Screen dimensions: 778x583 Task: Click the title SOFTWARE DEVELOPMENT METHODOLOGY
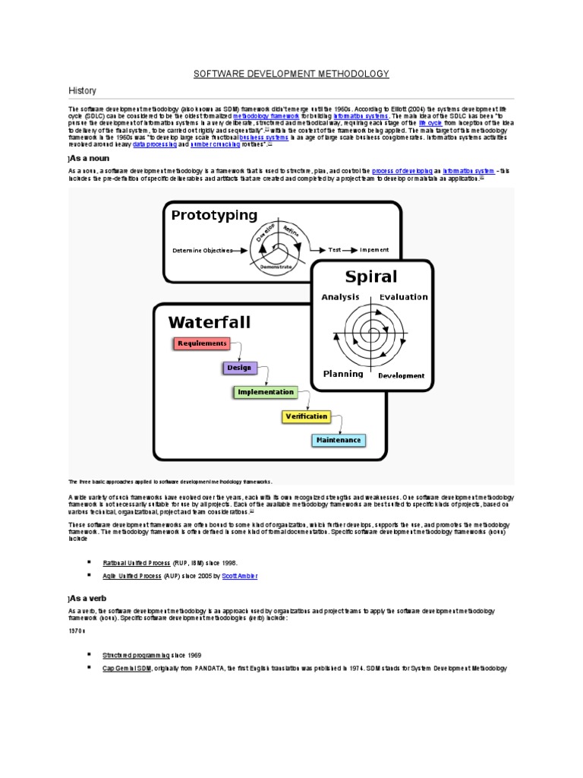tap(291, 74)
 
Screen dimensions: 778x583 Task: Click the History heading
tap(83, 90)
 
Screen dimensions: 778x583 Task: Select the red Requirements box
tap(202, 343)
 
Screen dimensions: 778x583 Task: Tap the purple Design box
tap(238, 368)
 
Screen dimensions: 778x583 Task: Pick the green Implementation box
tap(265, 392)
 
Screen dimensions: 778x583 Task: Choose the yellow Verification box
tap(305, 416)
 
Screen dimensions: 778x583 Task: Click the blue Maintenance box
tap(338, 440)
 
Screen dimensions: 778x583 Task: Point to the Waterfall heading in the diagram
tap(209, 322)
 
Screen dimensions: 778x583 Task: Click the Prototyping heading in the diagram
tap(214, 215)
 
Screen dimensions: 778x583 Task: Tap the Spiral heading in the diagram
tap(370, 276)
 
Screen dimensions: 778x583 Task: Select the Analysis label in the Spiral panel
tap(340, 297)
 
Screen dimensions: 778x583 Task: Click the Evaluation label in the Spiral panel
tap(403, 297)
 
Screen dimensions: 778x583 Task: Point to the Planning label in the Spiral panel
tap(343, 374)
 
